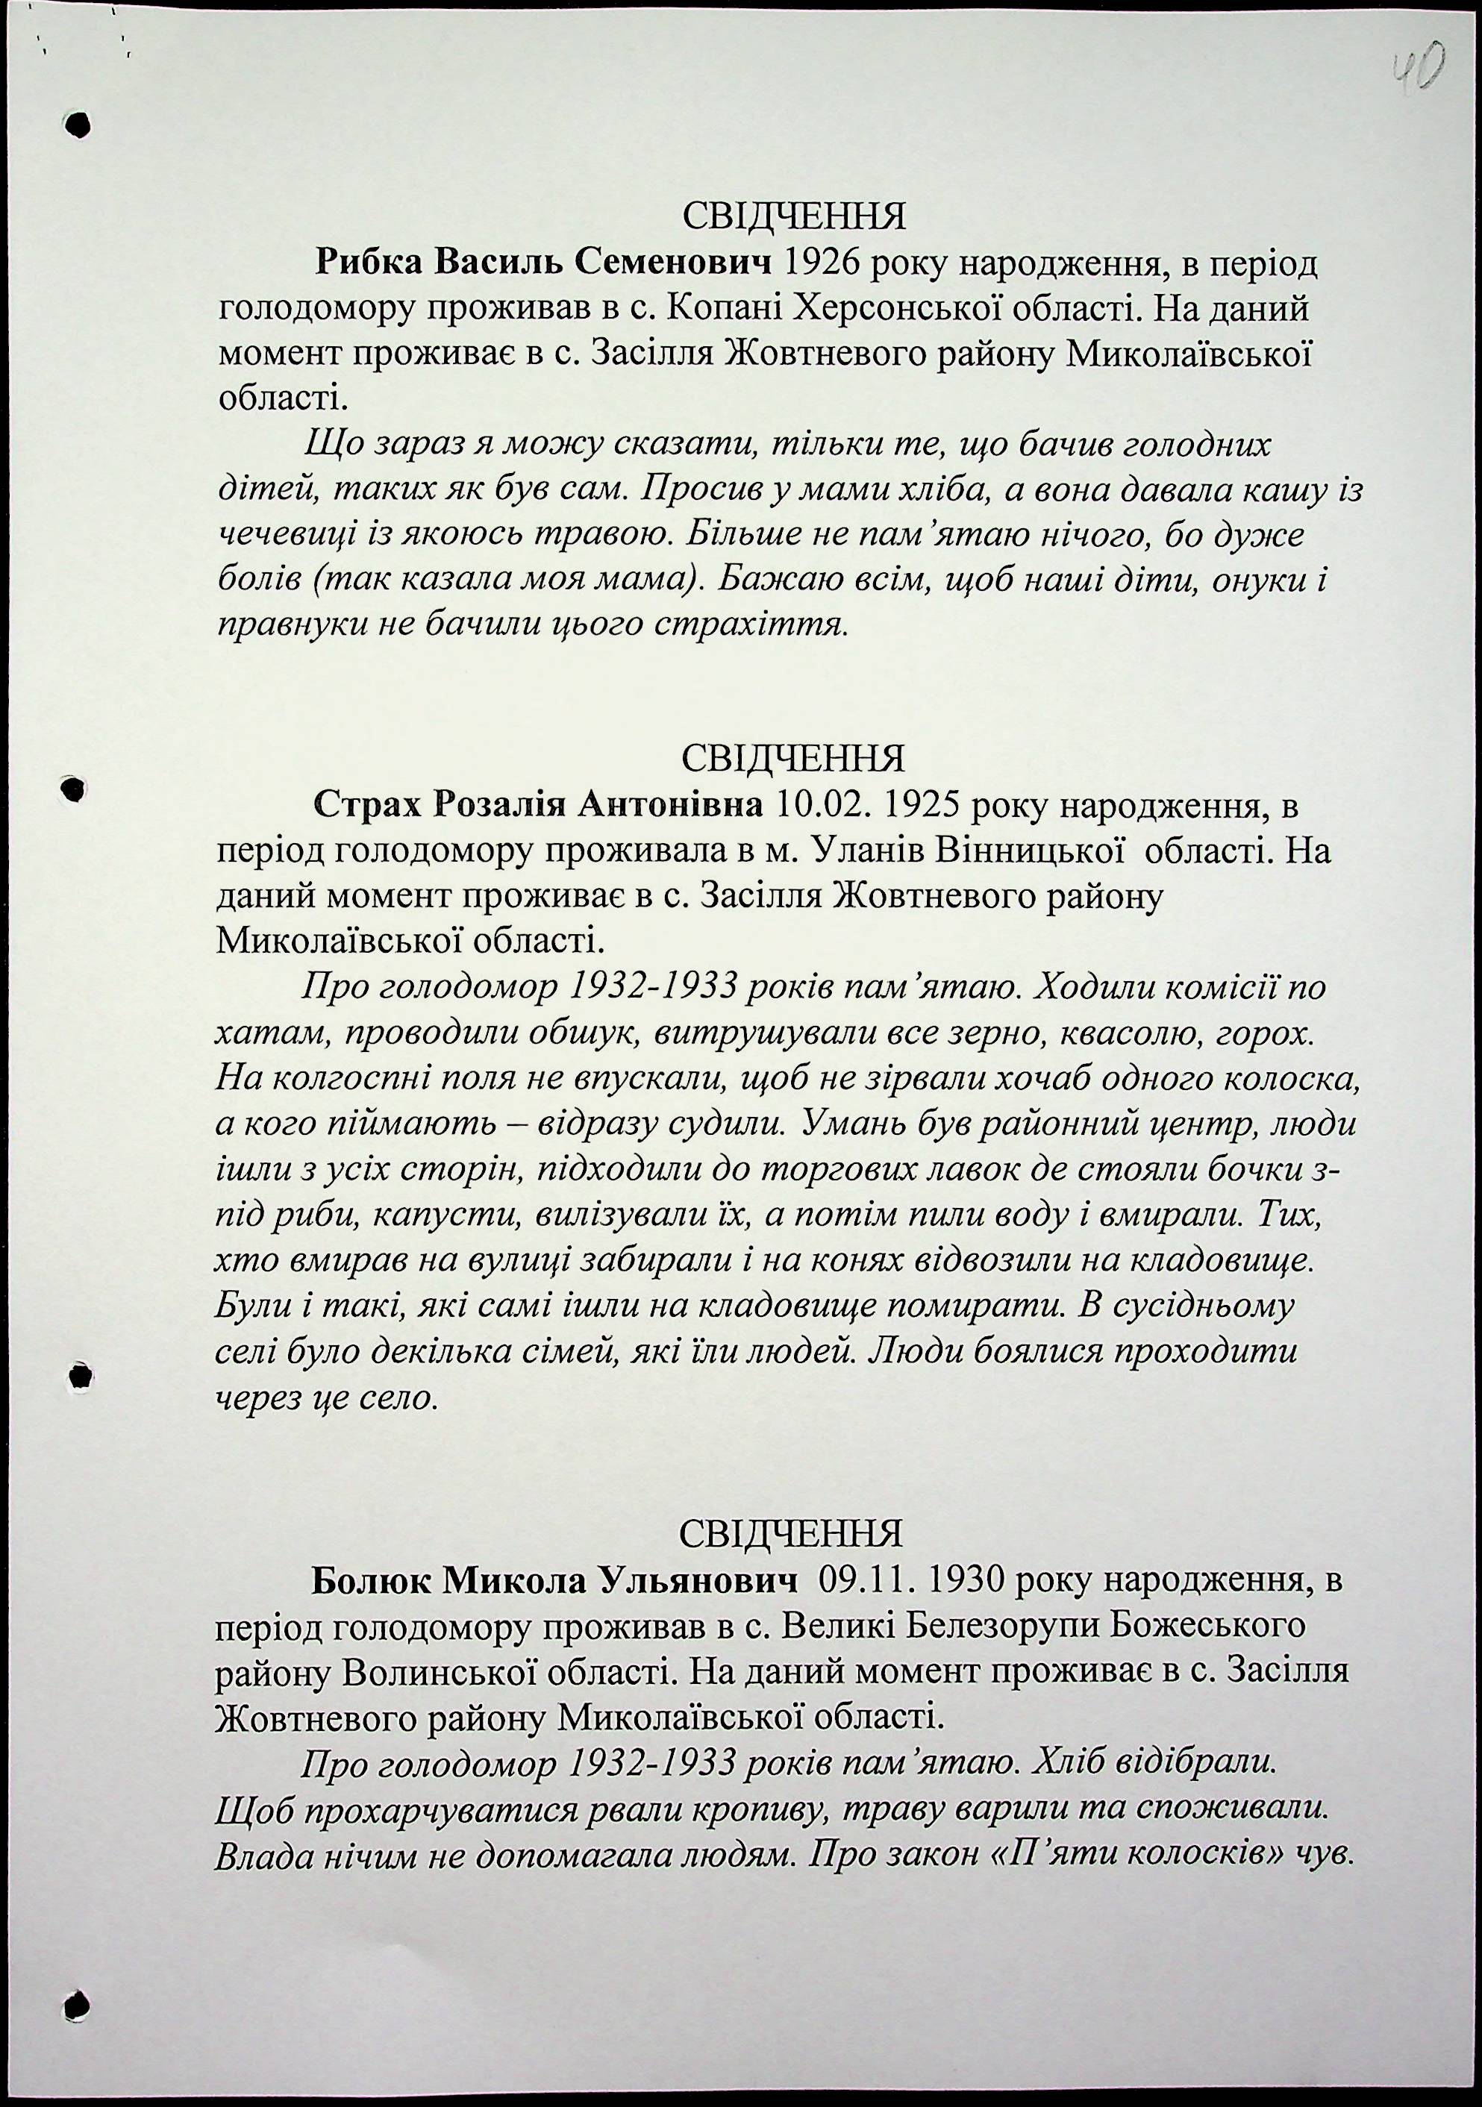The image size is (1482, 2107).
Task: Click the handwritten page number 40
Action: tap(1418, 69)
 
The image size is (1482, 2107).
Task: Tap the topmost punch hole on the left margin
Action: tap(80, 126)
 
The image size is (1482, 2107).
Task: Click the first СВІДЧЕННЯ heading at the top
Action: tap(794, 216)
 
